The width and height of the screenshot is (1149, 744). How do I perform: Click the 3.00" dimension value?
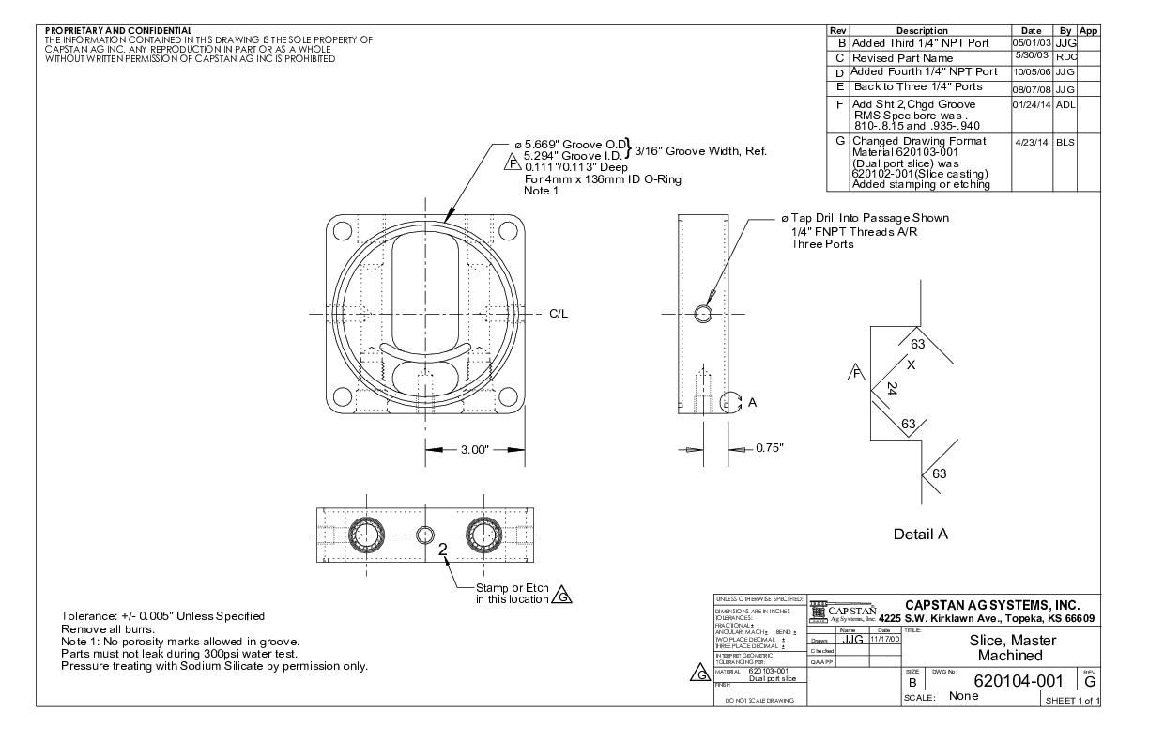point(471,450)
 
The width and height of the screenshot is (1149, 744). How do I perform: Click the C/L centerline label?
point(559,313)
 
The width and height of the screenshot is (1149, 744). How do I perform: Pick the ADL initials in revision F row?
point(1066,105)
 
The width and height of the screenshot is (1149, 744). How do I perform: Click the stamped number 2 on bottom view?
point(441,550)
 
